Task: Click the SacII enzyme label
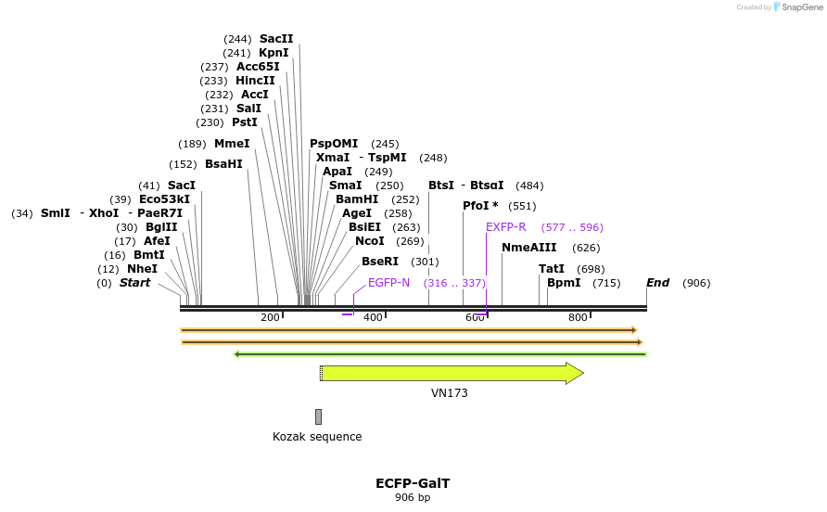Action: click(276, 39)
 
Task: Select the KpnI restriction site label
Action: click(274, 53)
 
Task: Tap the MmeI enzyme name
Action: click(232, 144)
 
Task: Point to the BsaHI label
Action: click(223, 164)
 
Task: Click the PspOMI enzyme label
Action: click(334, 144)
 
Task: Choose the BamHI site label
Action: click(357, 199)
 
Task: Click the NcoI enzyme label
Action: click(370, 241)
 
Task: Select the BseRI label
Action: click(380, 262)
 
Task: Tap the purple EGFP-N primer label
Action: click(388, 283)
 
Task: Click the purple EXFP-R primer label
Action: click(506, 227)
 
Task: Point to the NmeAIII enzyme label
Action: click(529, 248)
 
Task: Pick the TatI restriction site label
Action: click(552, 269)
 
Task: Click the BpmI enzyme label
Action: click(564, 283)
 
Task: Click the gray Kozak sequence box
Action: click(318, 416)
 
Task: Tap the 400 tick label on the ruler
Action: click(373, 318)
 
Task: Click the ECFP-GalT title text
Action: click(413, 483)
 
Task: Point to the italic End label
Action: click(658, 283)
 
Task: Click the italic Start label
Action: click(134, 283)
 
